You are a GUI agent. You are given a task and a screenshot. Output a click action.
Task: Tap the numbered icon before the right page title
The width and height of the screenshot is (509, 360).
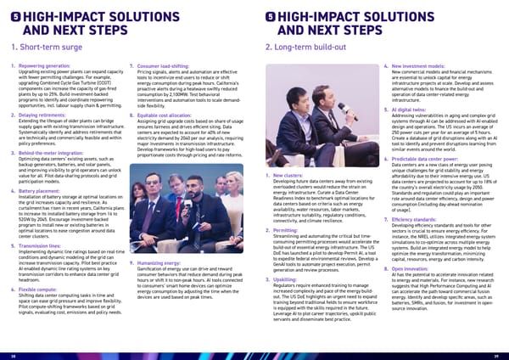271,16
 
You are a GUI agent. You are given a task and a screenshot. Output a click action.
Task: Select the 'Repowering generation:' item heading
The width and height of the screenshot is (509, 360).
45,65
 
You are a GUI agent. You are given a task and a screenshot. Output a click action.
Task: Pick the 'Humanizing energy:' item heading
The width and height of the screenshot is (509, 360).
159,263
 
